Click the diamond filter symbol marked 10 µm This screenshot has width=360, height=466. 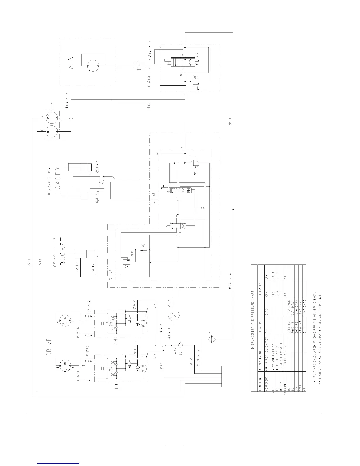coord(171,317)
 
